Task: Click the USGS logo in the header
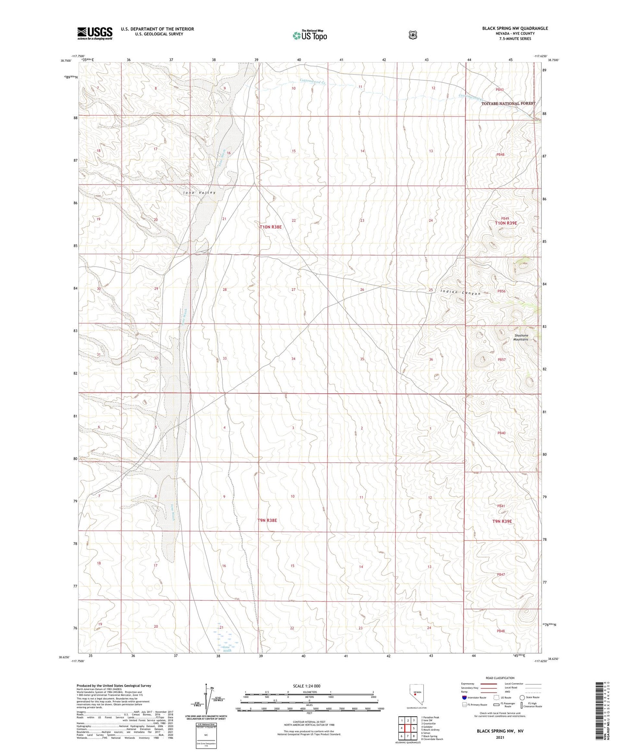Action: [x=95, y=33]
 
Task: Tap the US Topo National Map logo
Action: [x=309, y=35]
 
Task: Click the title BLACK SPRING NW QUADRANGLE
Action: [x=515, y=28]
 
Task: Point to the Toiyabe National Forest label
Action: [x=508, y=104]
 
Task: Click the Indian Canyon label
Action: [x=460, y=292]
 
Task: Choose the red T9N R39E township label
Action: [x=502, y=521]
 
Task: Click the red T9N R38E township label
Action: [x=267, y=521]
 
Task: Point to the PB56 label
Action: [x=501, y=291]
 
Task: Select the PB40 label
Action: [x=501, y=433]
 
